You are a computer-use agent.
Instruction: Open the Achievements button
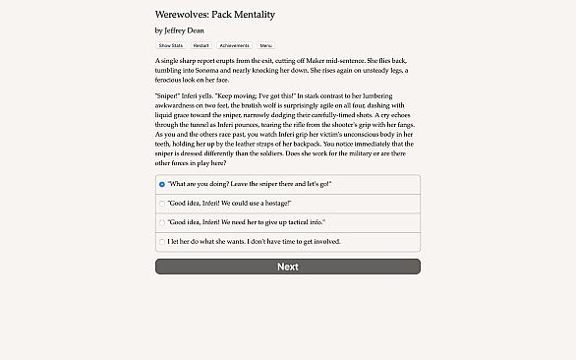(x=234, y=45)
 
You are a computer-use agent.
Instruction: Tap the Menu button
(x=265, y=45)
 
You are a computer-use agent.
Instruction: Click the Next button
(x=287, y=267)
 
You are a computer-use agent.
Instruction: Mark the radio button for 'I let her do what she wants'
(x=162, y=240)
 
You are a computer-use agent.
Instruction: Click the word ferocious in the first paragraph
(x=169, y=81)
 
